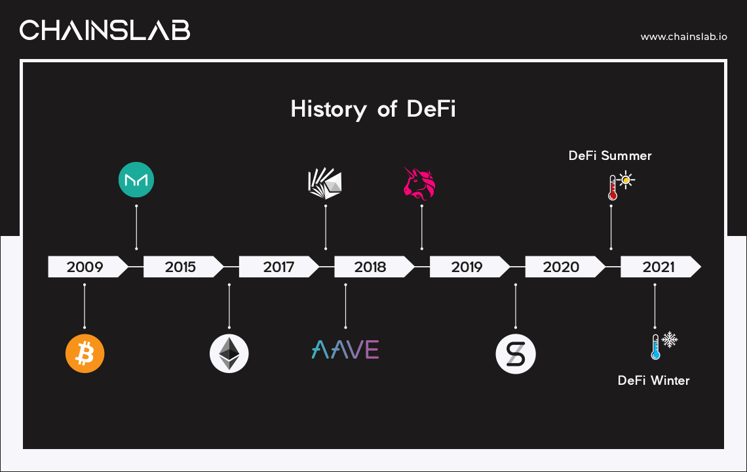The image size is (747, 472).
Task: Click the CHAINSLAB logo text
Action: click(x=105, y=29)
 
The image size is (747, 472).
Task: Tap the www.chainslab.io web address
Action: click(x=683, y=37)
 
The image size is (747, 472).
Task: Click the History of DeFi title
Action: click(x=373, y=109)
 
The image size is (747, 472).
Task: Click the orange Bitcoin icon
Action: click(x=85, y=354)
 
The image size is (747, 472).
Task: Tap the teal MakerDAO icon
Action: click(x=136, y=180)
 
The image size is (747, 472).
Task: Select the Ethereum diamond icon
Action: click(x=229, y=354)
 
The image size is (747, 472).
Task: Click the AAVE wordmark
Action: click(x=345, y=349)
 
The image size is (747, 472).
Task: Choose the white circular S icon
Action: click(x=516, y=355)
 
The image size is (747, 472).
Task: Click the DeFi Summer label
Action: click(x=610, y=155)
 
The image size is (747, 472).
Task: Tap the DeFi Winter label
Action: click(x=653, y=380)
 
